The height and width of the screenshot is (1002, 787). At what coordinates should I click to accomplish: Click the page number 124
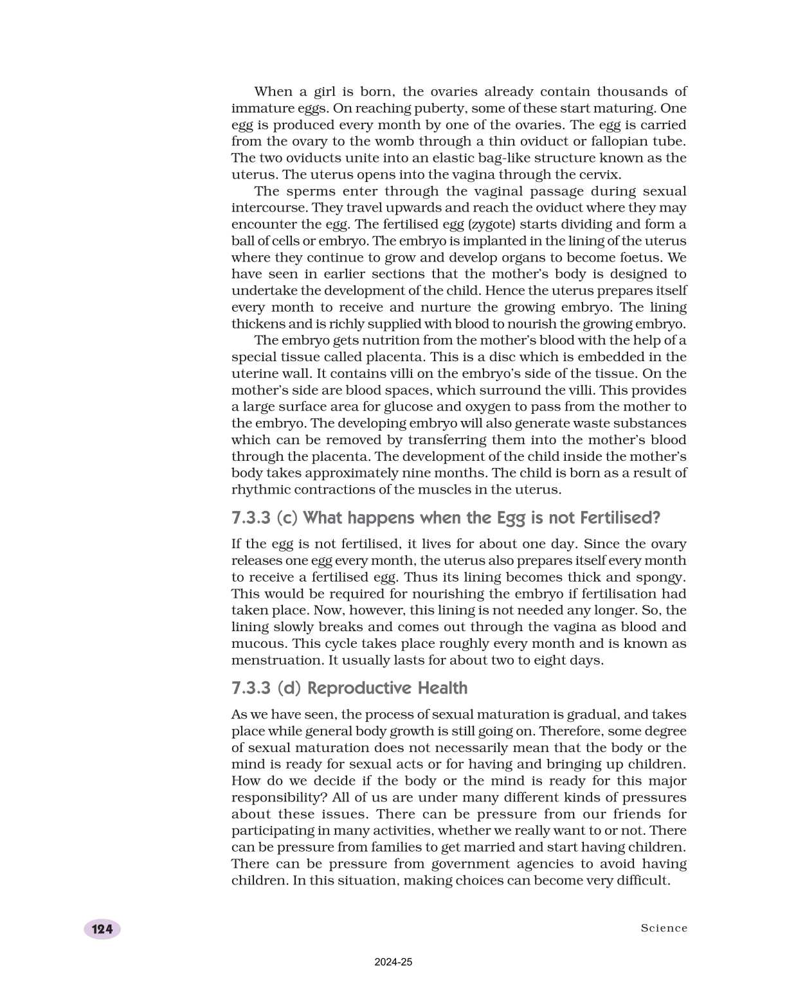tap(102, 929)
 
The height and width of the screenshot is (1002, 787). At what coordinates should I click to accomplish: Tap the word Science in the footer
tap(664, 928)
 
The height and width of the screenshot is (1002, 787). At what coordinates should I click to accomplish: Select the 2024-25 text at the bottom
tap(394, 962)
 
